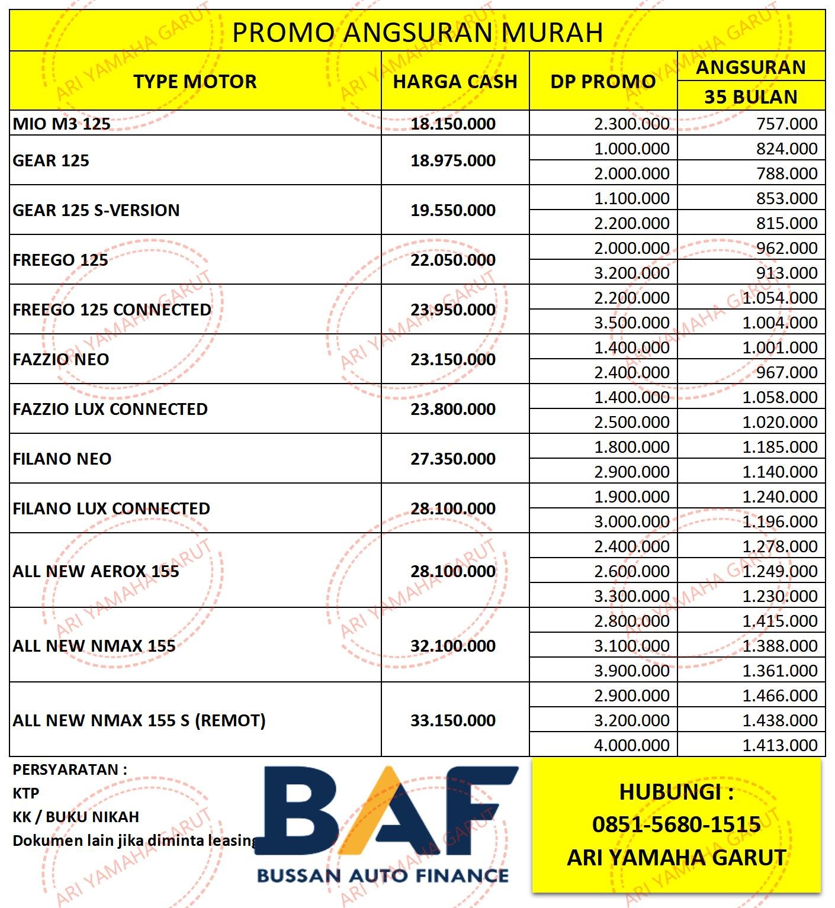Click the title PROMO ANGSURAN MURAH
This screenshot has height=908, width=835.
pos(417,32)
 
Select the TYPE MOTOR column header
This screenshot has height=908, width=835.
pos(195,81)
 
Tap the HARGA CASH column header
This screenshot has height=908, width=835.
pos(455,81)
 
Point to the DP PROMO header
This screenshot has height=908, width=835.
pos(603,81)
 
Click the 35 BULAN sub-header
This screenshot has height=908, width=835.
pos(750,96)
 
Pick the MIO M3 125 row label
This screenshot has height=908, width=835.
pos(62,124)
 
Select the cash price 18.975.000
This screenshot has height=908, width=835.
pos(453,160)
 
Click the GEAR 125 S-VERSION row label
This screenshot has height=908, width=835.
pos(96,210)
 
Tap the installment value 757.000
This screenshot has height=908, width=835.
pos(786,124)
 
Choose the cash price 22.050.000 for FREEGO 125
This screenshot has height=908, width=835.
pos(453,260)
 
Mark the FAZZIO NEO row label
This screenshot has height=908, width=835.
pos(61,359)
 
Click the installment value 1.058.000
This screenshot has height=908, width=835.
pos(780,397)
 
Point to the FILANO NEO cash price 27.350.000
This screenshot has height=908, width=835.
pos(453,459)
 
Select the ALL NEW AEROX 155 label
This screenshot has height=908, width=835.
pos(96,571)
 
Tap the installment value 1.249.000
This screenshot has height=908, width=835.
pos(780,571)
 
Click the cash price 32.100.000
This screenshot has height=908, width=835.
pos(453,646)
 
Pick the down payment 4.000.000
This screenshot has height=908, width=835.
pos(632,745)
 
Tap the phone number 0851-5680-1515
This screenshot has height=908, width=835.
pos(676,824)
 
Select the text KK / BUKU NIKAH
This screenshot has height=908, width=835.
pos(76,817)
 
